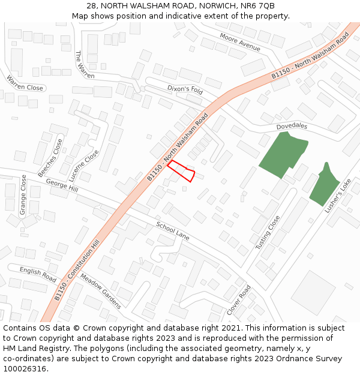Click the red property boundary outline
pos(181,170)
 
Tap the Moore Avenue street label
pos(240,42)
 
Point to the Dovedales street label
pos(292,127)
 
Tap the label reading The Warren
pos(85,64)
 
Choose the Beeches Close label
pos(50,158)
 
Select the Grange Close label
pos(23,195)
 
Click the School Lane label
pos(173,231)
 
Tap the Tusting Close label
pos(268,233)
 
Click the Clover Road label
pos(238,300)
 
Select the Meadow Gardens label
pos(101,292)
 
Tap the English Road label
pos(38,275)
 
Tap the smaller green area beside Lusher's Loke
pos(325,186)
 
